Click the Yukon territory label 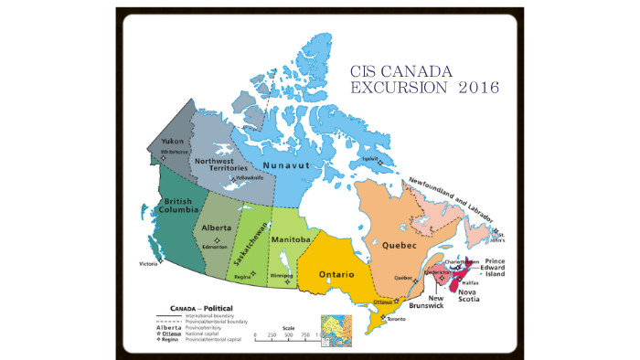(x=173, y=142)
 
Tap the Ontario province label (x=337, y=274)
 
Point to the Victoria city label (x=149, y=264)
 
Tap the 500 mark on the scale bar (x=288, y=335)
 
